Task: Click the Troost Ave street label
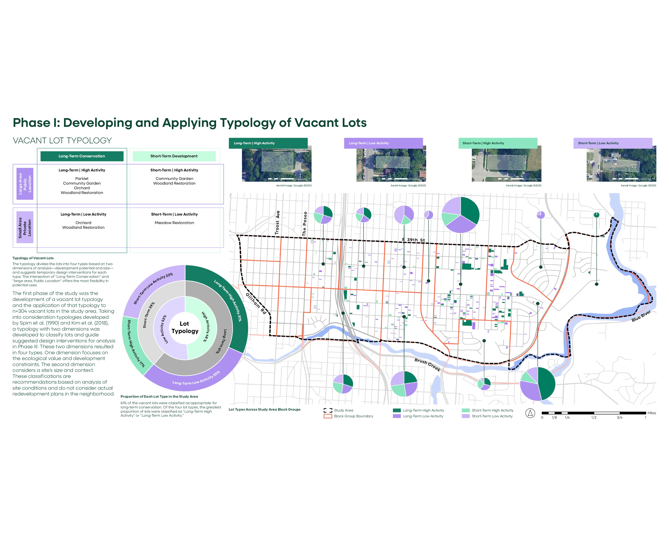click(277, 222)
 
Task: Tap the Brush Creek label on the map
click(427, 365)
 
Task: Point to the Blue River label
click(641, 316)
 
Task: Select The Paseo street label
click(305, 224)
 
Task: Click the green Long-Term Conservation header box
click(82, 156)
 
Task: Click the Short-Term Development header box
click(174, 156)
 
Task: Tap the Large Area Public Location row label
click(25, 184)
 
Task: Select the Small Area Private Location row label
click(25, 227)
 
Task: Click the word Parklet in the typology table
click(82, 179)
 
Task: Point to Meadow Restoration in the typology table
click(174, 223)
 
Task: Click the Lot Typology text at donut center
click(185, 327)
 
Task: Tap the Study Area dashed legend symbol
click(328, 410)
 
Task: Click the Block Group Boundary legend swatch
click(328, 416)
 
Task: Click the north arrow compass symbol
click(530, 413)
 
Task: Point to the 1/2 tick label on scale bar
click(594, 418)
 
